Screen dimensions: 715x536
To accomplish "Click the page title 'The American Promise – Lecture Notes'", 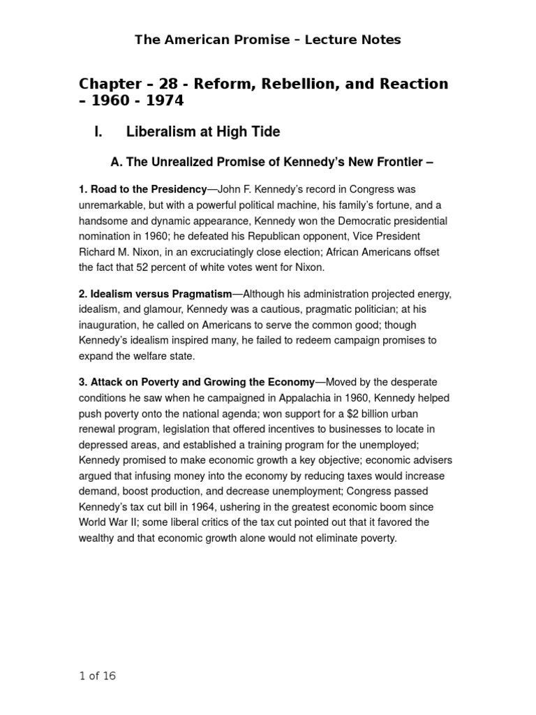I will (x=268, y=40).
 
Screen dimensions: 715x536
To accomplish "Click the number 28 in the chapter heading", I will (x=168, y=84).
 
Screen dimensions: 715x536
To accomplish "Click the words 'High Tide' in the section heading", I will (x=248, y=132).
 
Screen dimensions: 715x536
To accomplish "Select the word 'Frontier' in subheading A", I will (x=394, y=163).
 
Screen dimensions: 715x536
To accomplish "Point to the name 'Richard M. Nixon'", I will (x=119, y=251).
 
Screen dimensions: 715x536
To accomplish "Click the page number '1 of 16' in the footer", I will (x=98, y=676).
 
